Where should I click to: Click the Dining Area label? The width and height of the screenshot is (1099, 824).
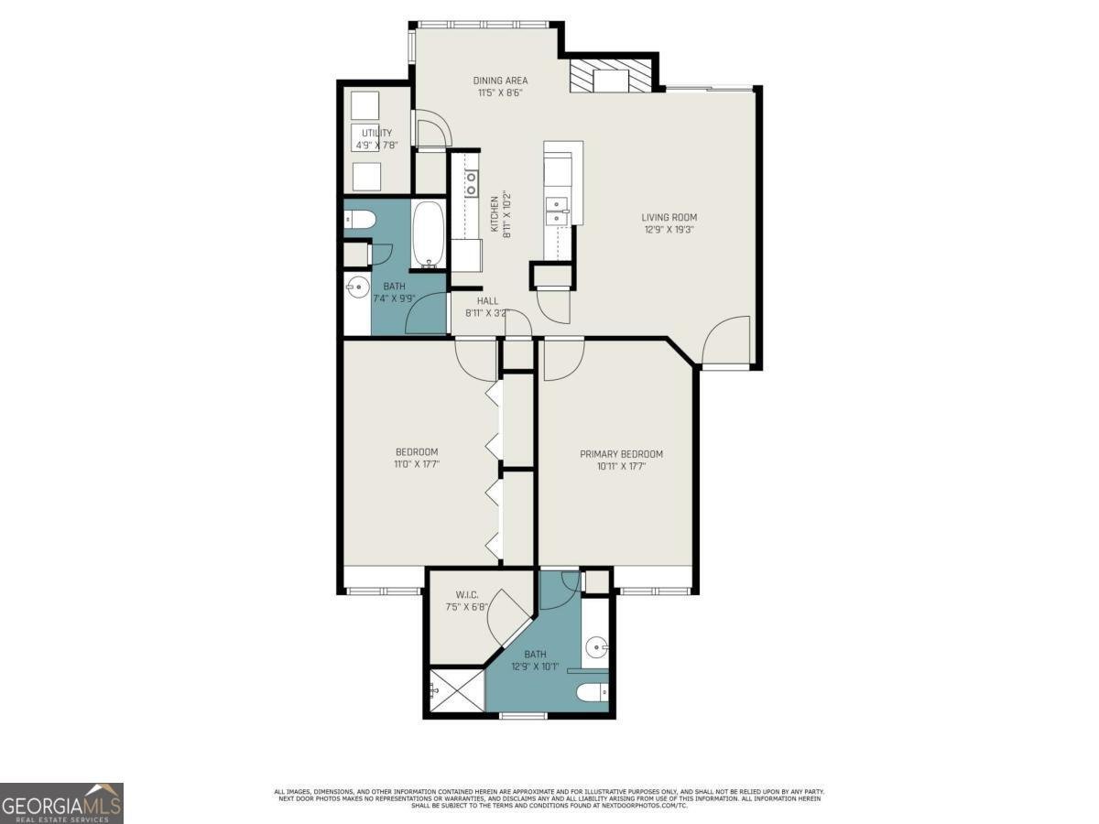click(x=500, y=81)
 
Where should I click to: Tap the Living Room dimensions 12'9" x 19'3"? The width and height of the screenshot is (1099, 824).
click(x=669, y=230)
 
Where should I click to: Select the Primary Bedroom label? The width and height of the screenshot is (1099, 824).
click(x=621, y=454)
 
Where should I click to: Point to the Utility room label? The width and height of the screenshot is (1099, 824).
click(x=375, y=134)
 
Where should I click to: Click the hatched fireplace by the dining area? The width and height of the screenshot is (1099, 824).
click(x=613, y=77)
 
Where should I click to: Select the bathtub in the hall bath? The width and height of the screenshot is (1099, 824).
click(x=428, y=235)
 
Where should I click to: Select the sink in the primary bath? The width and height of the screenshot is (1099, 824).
click(x=597, y=648)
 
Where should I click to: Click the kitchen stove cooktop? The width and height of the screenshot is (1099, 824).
click(x=472, y=183)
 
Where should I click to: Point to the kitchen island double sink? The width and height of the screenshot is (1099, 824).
click(x=556, y=211)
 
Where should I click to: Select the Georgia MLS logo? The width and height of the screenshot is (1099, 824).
click(x=61, y=803)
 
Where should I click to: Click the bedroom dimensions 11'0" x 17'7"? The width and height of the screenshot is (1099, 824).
click(x=417, y=464)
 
